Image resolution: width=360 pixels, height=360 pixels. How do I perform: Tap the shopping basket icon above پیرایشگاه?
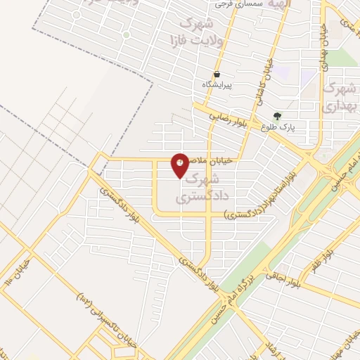tap(216, 74)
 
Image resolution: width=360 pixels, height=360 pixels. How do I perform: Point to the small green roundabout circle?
tap(127, 34)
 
